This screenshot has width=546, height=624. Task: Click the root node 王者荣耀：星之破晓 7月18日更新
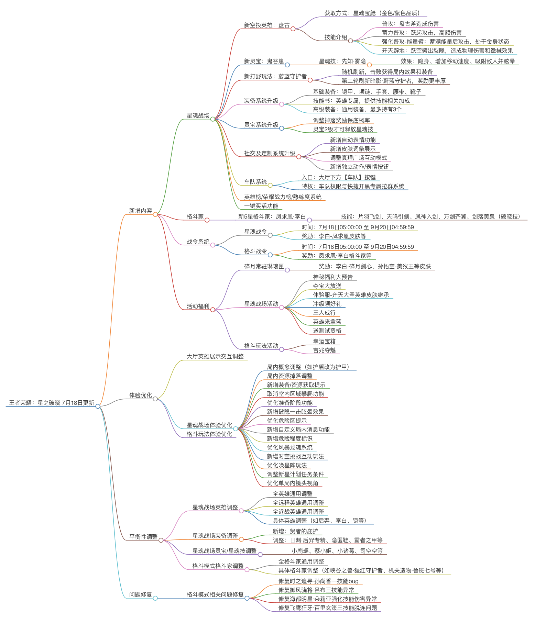point(51,403)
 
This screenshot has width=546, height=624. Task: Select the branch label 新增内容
point(140,211)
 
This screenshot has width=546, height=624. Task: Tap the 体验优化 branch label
point(140,395)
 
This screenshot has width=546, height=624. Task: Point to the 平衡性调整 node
point(143,537)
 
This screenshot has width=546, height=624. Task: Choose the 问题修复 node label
point(140,594)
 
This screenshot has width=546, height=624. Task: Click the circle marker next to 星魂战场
point(212,119)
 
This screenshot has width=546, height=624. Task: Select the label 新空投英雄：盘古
point(267,25)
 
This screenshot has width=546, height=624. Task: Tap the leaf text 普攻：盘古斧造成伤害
point(410,24)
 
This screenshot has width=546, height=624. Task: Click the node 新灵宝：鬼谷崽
point(264,61)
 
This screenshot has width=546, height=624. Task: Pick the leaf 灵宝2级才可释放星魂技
point(343,129)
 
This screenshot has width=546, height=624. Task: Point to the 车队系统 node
point(255,182)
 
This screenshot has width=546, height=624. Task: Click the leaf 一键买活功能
point(261,206)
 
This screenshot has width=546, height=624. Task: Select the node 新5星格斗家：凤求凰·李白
point(272,216)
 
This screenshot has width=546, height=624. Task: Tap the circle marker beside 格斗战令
point(270,255)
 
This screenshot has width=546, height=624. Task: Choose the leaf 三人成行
point(324,313)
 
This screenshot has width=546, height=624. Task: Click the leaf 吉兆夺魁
point(324,350)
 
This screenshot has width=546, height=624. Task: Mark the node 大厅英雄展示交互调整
point(215,356)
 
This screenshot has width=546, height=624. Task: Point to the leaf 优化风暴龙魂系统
point(290,447)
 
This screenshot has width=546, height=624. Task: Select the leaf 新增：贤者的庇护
point(295,531)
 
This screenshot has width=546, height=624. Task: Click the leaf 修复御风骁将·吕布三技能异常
point(316,590)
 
